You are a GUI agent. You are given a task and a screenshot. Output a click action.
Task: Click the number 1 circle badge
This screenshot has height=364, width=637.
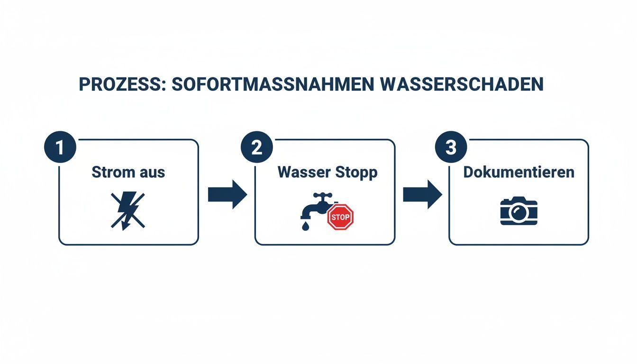pyautogui.click(x=60, y=147)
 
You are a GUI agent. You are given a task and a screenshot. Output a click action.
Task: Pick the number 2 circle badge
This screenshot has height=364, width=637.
pyautogui.click(x=256, y=147)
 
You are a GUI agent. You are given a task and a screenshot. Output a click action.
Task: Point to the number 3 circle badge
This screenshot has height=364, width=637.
pyautogui.click(x=451, y=147)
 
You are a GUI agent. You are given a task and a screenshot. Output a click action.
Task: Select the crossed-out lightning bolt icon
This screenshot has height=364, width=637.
pyautogui.click(x=128, y=211)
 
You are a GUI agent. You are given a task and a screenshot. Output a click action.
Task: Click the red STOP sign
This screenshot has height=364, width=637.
pyautogui.click(x=341, y=217)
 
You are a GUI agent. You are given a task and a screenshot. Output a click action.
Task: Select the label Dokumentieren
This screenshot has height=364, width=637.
pyautogui.click(x=519, y=172)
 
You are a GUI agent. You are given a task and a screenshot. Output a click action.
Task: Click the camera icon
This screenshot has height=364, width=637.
pyautogui.click(x=519, y=211)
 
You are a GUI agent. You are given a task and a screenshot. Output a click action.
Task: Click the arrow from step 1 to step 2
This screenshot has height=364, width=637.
pyautogui.click(x=227, y=194)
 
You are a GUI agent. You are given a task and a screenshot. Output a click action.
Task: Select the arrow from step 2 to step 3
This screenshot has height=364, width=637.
pyautogui.click(x=422, y=194)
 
